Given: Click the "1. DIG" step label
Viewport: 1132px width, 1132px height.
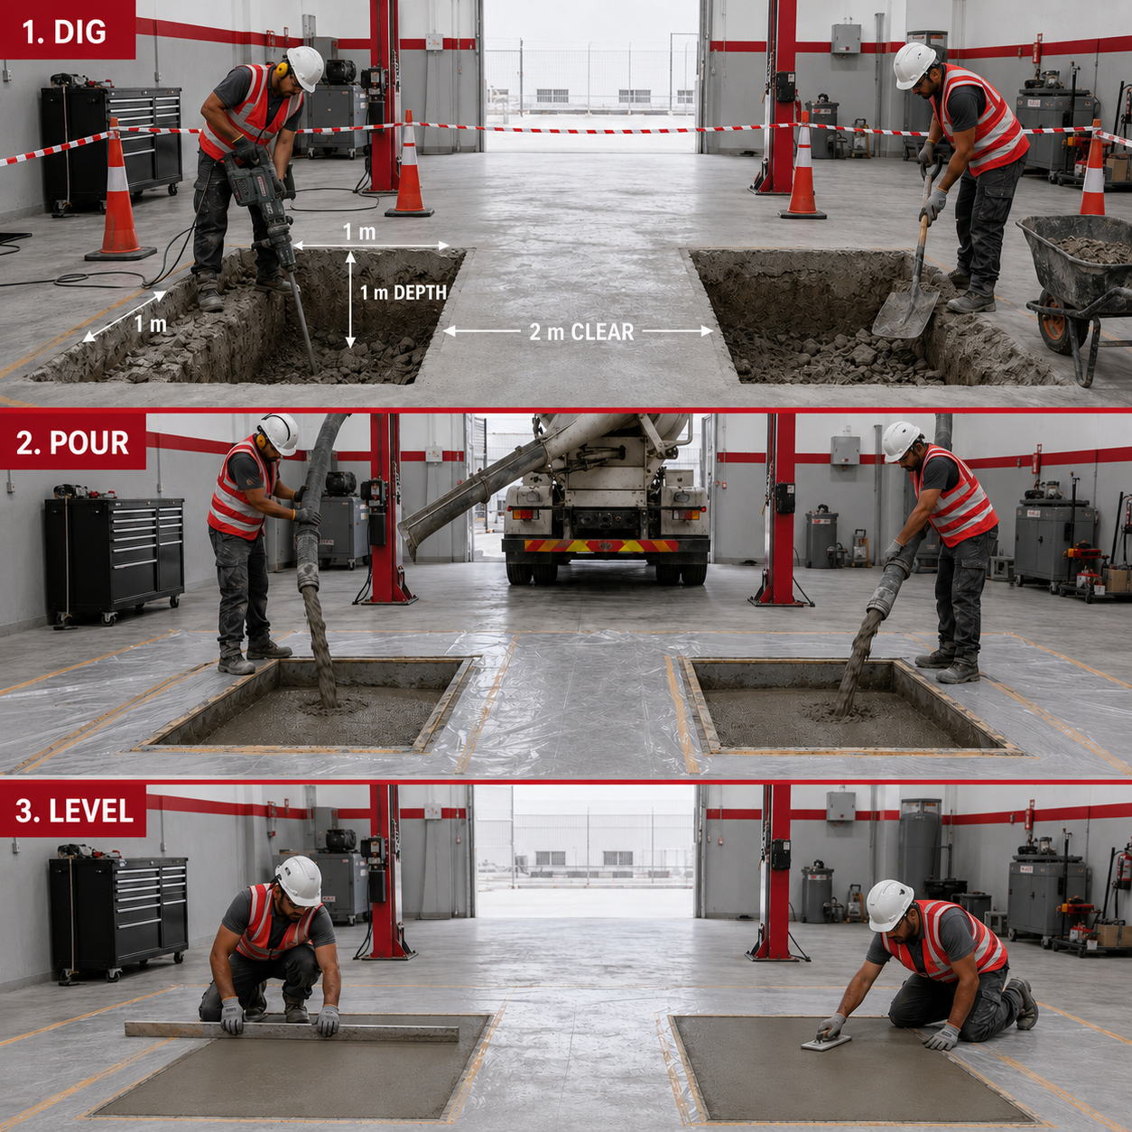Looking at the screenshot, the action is coord(64,32).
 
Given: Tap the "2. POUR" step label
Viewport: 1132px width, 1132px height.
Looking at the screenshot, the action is coord(72,442).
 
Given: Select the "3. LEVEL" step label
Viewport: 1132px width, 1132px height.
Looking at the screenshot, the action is coord(74,812).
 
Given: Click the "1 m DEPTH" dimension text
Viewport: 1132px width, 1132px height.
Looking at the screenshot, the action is coord(403,292).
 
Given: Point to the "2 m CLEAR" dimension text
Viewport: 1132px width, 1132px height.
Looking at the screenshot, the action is coord(581,332).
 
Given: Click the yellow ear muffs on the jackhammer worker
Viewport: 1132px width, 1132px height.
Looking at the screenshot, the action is coord(282,69).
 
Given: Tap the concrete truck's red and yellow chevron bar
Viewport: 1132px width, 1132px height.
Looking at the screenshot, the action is coord(601,546).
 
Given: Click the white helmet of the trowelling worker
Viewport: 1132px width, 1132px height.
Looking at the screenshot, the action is coord(889,905).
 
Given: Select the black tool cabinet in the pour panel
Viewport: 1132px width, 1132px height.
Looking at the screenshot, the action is coord(116,554).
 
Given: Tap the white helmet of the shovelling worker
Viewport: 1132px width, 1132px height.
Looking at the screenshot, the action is coord(914,65).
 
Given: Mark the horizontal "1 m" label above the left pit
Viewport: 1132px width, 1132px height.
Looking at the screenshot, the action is coord(359,232).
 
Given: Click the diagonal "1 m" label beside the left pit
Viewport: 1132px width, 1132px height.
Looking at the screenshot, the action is coord(151,324).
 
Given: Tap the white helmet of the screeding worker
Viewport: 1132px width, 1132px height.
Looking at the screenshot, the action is coord(300,880).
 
